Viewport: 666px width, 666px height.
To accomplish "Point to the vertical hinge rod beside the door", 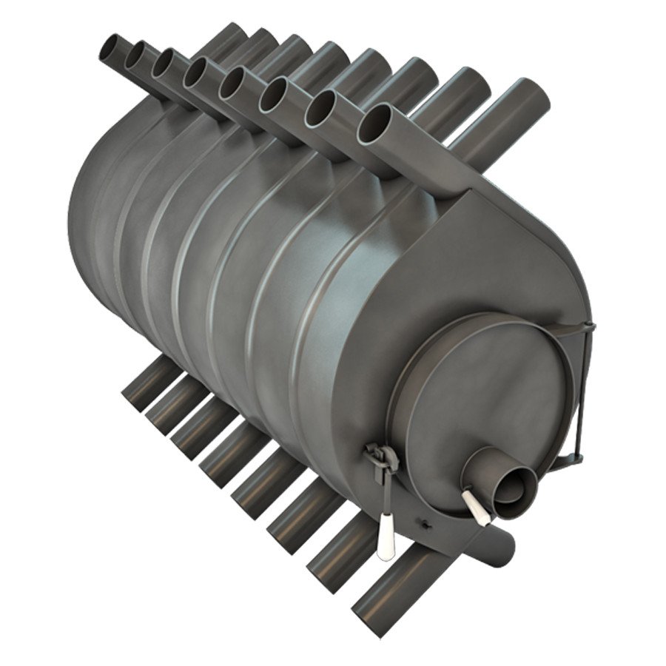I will [x=582, y=392].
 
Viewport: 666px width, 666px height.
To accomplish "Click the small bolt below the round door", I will [x=425, y=525].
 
